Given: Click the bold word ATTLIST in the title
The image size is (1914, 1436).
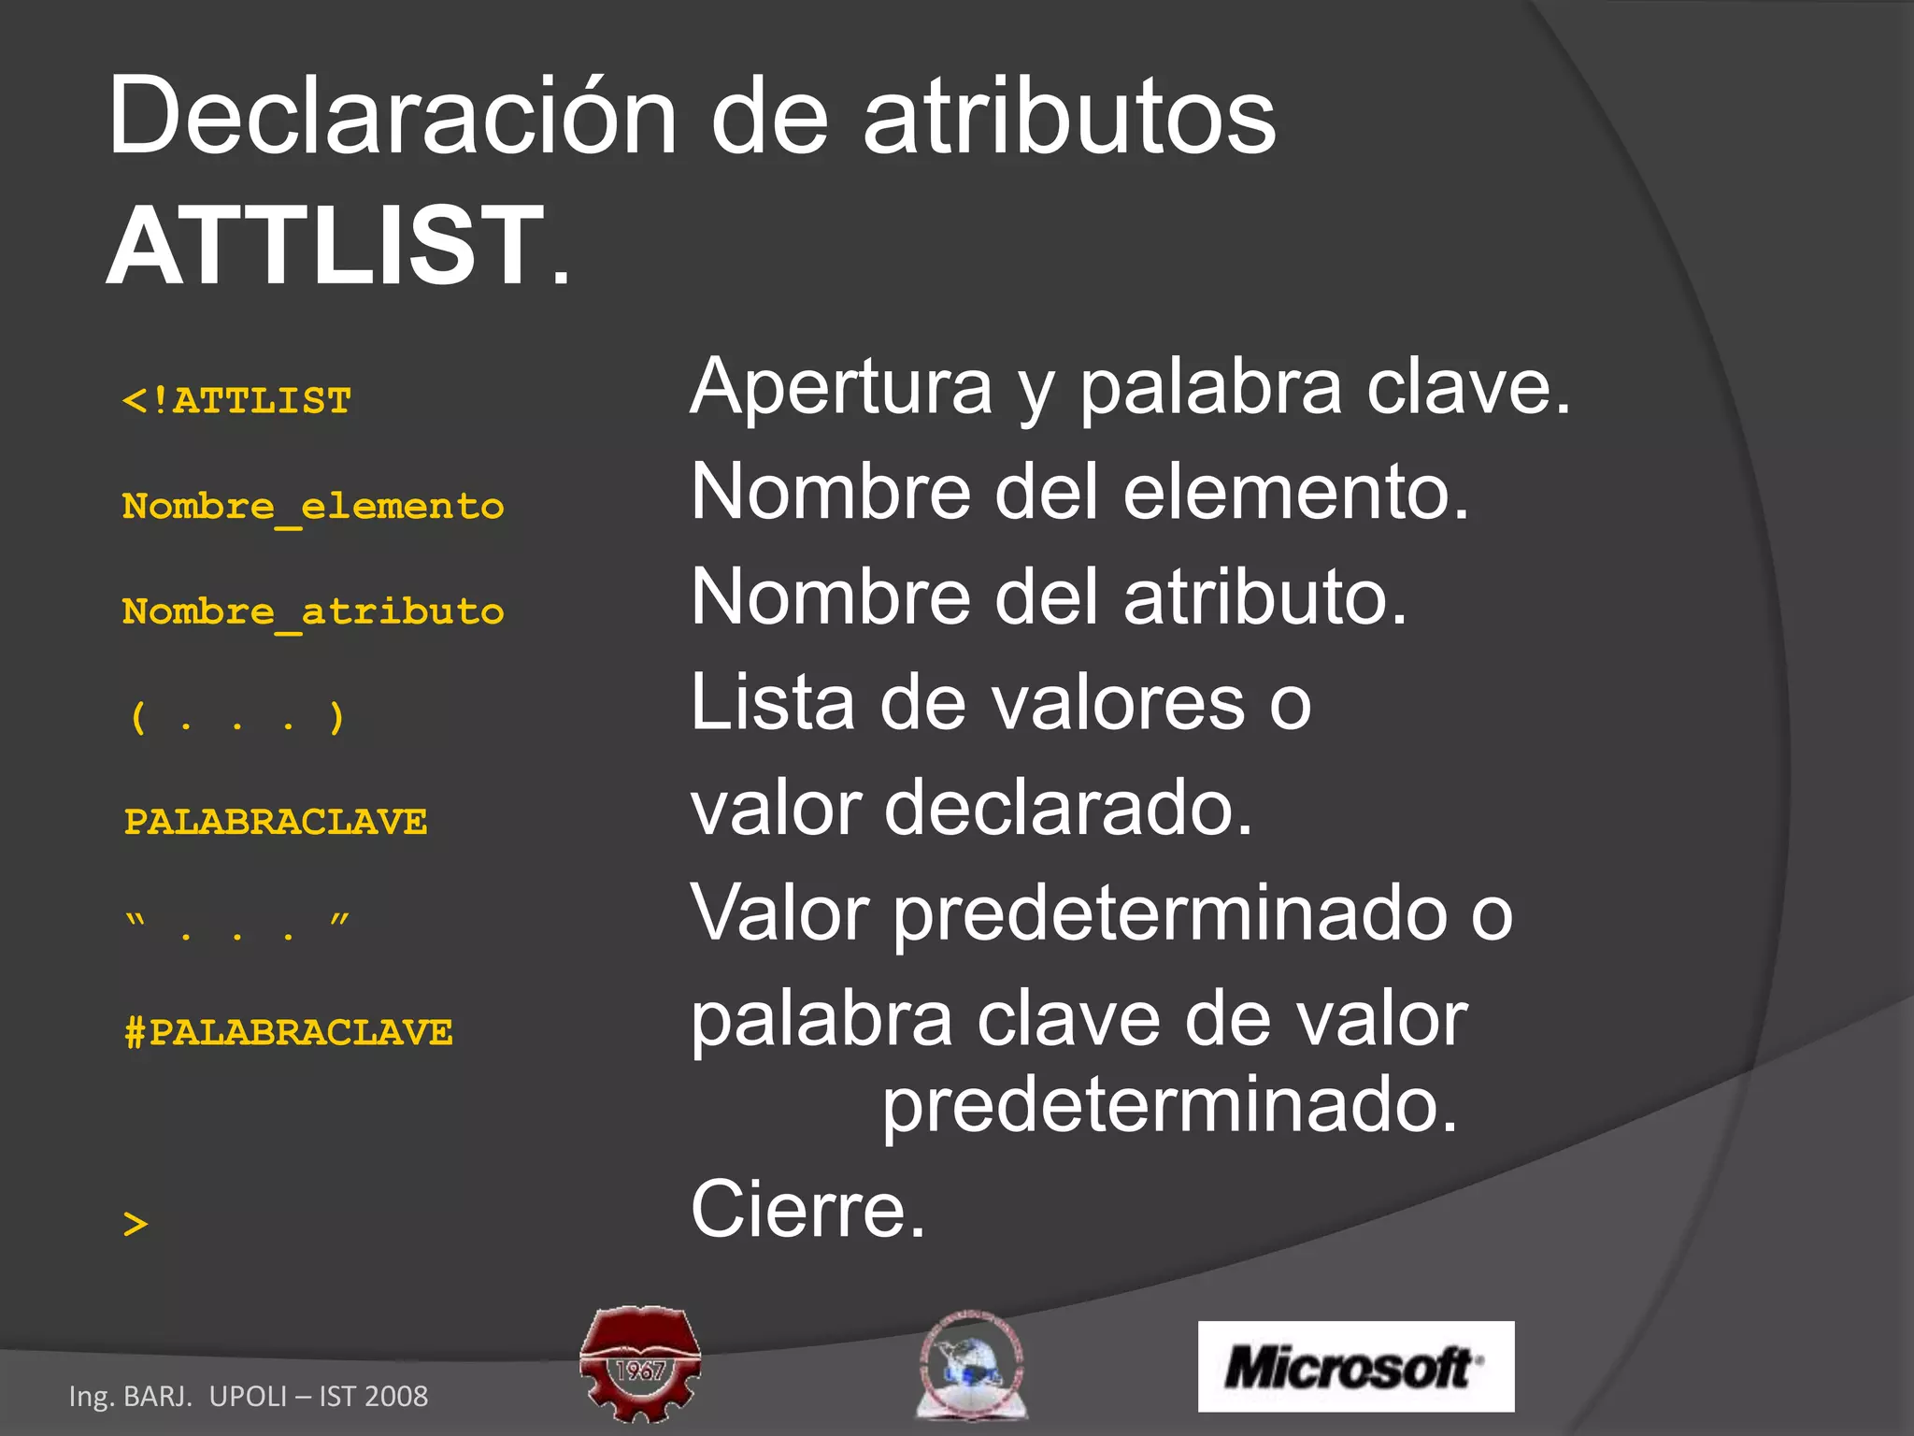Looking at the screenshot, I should pyautogui.click(x=325, y=246).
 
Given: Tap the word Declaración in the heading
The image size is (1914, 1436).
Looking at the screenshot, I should pyautogui.click(x=391, y=117).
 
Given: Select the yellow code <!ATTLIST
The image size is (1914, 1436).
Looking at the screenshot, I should pyautogui.click(x=237, y=401).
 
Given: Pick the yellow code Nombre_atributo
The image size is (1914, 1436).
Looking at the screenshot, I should pyautogui.click(x=313, y=612).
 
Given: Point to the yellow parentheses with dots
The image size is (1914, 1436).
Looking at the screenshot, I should pyautogui.click(x=237, y=718).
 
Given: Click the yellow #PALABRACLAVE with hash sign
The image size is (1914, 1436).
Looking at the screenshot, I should pyautogui.click(x=288, y=1033).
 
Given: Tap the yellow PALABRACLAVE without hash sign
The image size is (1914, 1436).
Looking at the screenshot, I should pyautogui.click(x=276, y=823).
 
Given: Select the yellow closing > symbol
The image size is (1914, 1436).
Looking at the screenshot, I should pyautogui.click(x=136, y=1224).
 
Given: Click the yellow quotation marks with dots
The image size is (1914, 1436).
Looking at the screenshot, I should pyautogui.click(x=237, y=926).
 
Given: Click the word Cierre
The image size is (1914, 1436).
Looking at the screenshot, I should pyautogui.click(x=807, y=1209).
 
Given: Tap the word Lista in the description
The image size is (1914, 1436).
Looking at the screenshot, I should pyautogui.click(x=772, y=702).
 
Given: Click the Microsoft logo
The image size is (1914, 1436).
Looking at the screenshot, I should pyautogui.click(x=1355, y=1366).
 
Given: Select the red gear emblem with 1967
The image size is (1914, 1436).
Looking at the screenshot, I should pyautogui.click(x=640, y=1363).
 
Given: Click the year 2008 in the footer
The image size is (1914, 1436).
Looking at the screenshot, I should pyautogui.click(x=396, y=1396).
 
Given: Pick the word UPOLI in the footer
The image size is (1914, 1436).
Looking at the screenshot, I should pyautogui.click(x=248, y=1396).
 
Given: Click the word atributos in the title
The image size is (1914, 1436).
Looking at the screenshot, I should pyautogui.click(x=1068, y=117).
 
